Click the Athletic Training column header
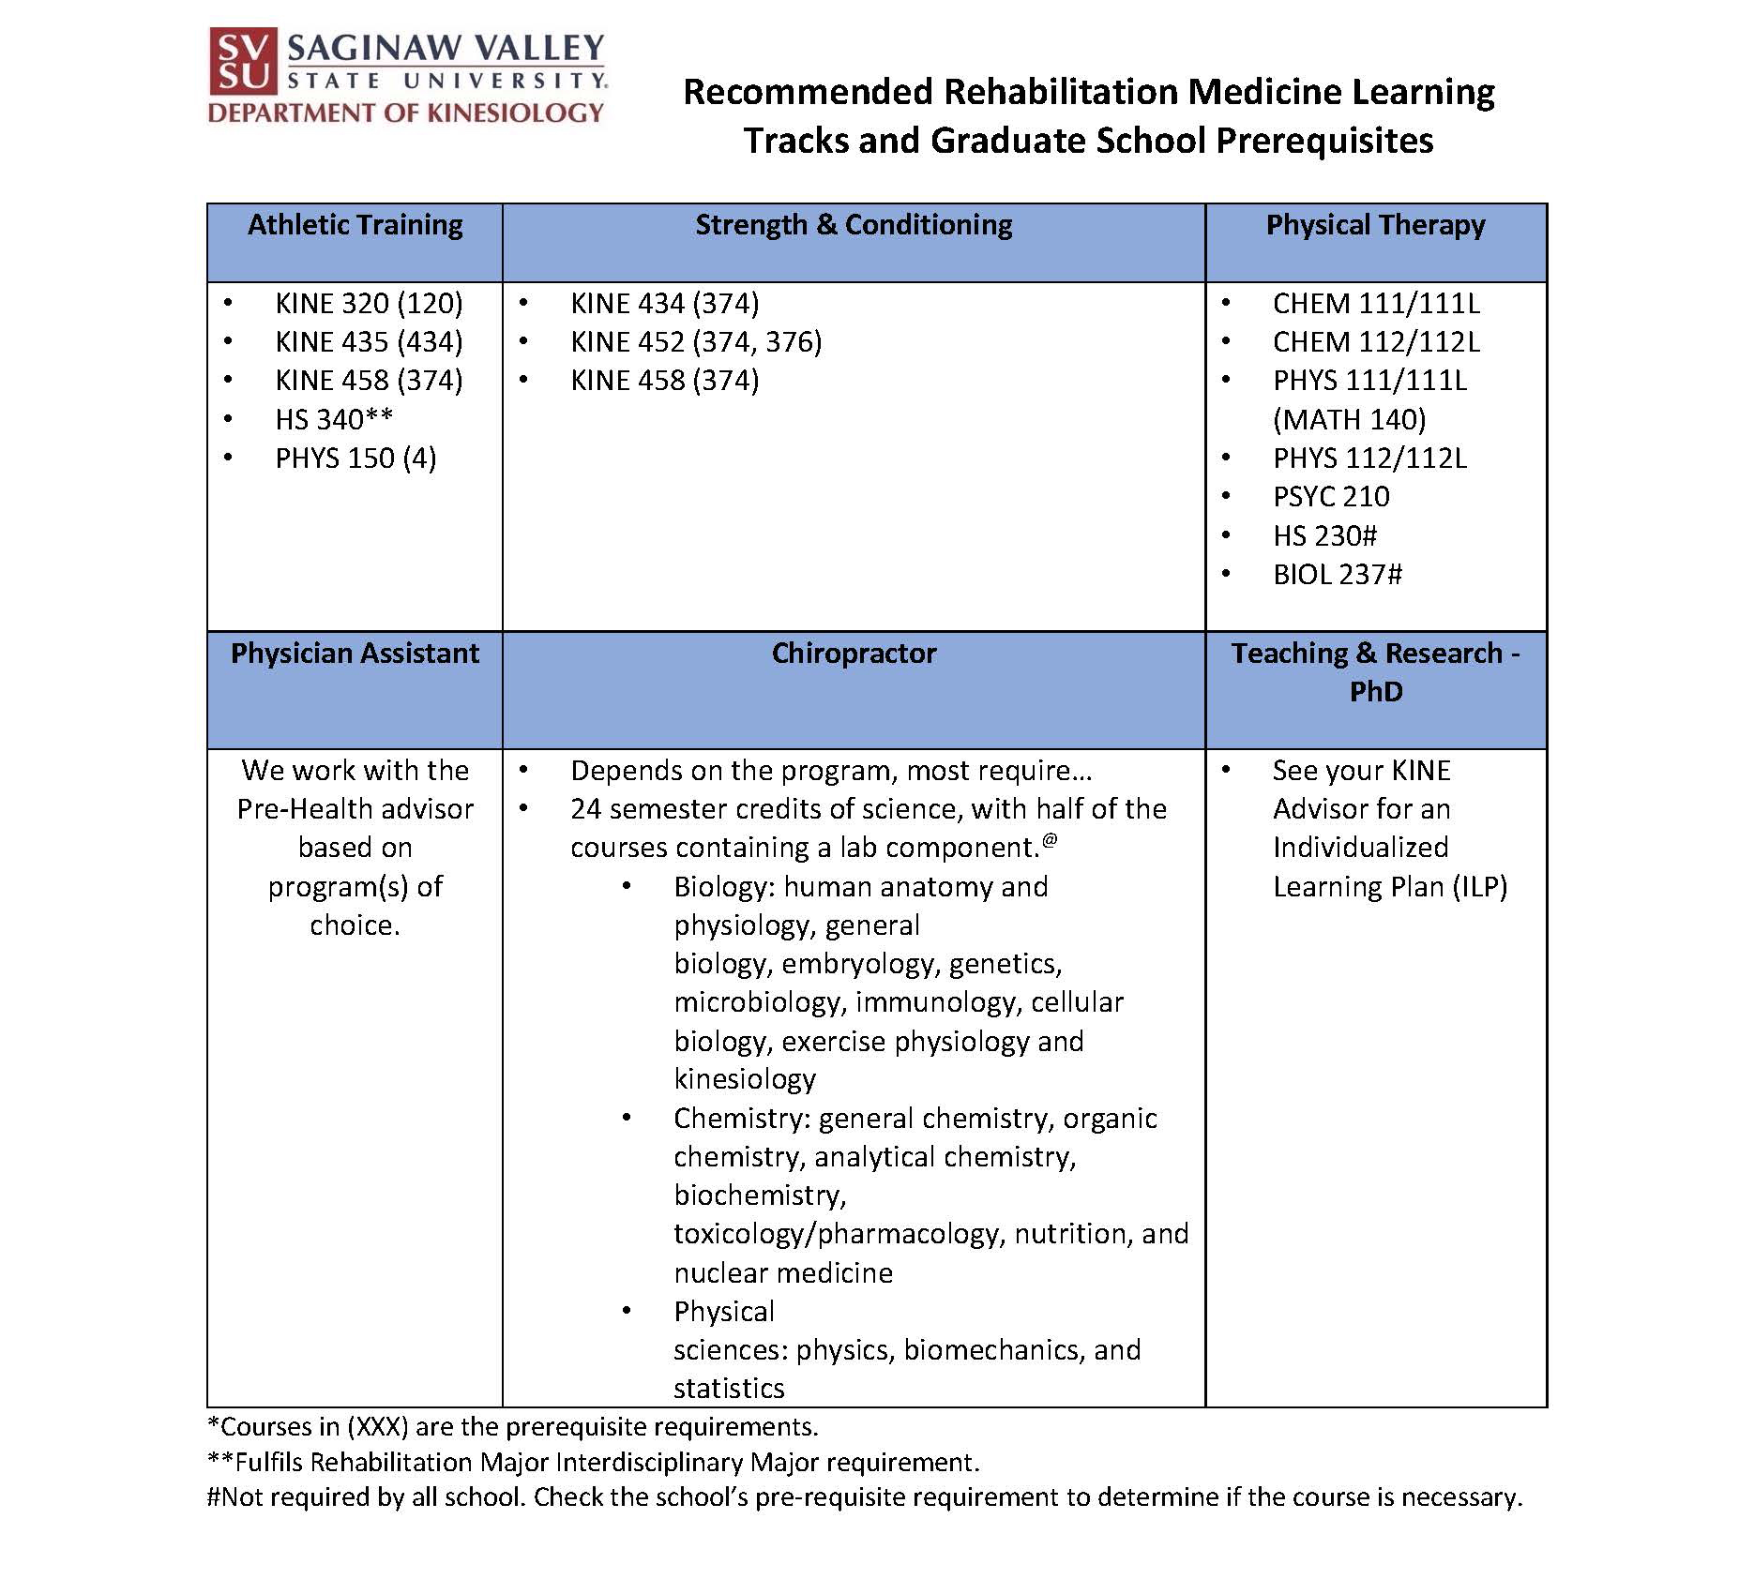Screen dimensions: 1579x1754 click(355, 225)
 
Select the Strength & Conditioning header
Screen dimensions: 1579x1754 click(854, 225)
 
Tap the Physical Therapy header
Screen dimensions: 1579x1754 click(1375, 225)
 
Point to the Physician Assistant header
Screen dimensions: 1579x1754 click(355, 653)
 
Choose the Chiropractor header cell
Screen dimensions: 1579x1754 click(854, 653)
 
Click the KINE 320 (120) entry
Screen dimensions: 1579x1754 click(369, 304)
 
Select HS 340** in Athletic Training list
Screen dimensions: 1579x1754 click(334, 419)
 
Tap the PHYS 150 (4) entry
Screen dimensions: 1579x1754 click(355, 459)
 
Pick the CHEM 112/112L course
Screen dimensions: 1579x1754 click(1375, 342)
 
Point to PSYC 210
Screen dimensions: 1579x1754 click(1331, 497)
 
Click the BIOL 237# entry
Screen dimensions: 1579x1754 click(1337, 575)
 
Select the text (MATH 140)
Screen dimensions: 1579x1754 click(1349, 419)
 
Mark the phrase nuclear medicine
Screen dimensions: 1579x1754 click(783, 1272)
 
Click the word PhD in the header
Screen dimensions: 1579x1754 click(1375, 692)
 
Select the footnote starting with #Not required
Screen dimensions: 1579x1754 click(863, 1497)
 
